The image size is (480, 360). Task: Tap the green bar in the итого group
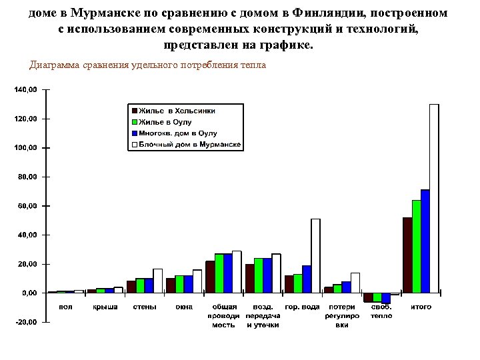click(416, 247)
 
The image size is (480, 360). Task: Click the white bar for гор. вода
click(315, 256)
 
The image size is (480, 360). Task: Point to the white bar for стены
click(158, 281)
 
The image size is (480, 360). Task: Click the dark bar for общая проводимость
click(210, 277)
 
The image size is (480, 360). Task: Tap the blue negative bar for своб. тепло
click(386, 298)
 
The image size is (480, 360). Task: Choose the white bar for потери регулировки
click(355, 283)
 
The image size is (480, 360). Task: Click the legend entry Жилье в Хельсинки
click(177, 111)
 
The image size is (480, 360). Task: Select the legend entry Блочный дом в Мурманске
click(189, 145)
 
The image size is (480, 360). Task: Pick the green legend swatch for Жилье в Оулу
click(134, 122)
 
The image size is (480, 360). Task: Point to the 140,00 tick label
click(26, 89)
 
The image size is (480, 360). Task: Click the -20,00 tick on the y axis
click(26, 322)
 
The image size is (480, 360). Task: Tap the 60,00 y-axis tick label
click(27, 206)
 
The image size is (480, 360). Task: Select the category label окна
click(184, 307)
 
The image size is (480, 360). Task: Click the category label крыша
click(105, 307)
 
